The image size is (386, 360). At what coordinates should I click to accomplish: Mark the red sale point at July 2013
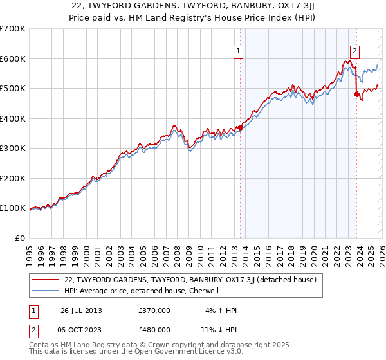(x=240, y=127)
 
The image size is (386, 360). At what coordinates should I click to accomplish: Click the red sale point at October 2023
(x=356, y=94)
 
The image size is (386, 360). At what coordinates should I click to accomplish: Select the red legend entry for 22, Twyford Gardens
(x=190, y=280)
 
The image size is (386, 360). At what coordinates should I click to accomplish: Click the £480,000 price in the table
(x=154, y=329)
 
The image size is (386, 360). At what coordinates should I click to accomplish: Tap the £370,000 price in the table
(x=154, y=310)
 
